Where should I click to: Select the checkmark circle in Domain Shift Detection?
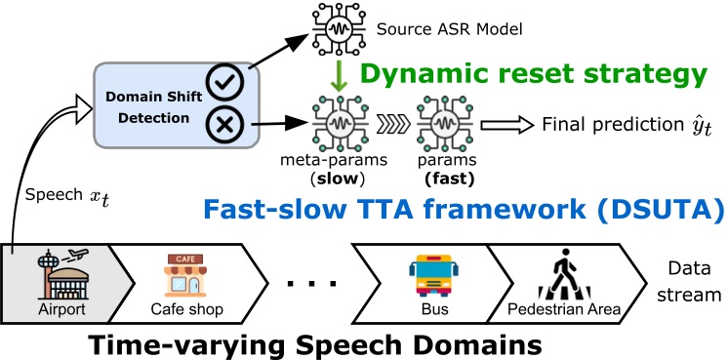point(227,85)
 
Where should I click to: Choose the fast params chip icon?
point(440,125)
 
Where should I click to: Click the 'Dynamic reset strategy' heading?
point(533,72)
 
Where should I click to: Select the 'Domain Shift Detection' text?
point(148,106)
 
